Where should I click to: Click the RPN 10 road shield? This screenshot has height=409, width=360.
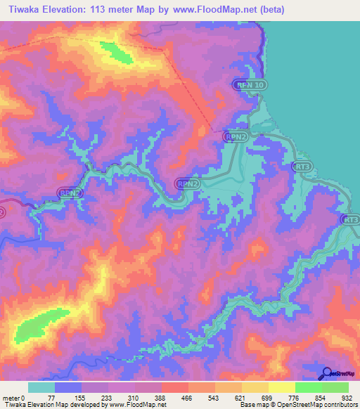251,85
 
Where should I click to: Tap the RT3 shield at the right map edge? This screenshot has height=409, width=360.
350,220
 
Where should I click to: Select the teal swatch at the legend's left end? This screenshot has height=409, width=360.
41,387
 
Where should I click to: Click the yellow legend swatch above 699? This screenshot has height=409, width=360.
256,387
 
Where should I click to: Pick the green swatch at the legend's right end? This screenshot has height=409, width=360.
335,387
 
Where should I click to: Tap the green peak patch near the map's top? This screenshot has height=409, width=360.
115,52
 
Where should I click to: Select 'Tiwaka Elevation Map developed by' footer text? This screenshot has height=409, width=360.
49,405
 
